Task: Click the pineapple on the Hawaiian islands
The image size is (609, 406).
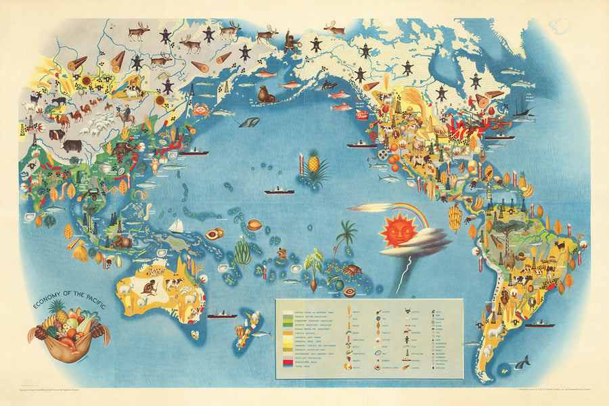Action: click(314, 163)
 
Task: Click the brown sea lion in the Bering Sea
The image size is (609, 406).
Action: click(266, 95)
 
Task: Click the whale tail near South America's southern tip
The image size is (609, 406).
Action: click(521, 363)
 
